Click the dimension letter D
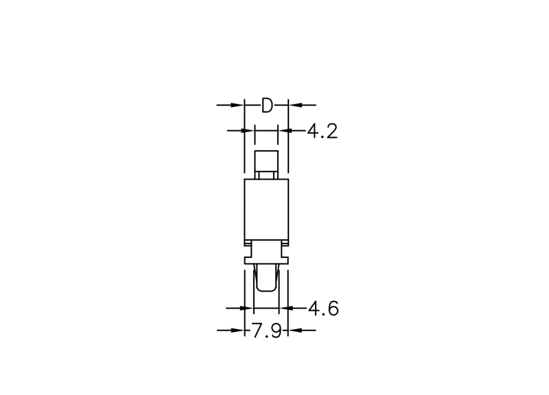point(267,105)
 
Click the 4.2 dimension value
point(323,132)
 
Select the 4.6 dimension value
point(323,309)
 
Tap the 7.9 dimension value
point(266,331)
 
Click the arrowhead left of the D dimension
point(237,105)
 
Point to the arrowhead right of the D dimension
point(295,105)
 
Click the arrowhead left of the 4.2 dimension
point(248,130)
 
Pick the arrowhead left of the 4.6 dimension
point(247,308)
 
